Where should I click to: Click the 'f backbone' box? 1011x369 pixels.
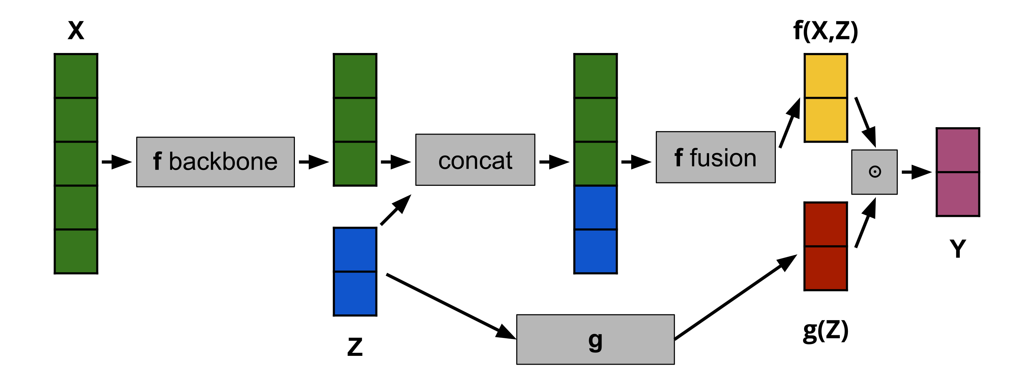(215, 162)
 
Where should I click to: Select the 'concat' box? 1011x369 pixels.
(475, 160)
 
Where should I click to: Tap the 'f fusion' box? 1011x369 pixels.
(715, 157)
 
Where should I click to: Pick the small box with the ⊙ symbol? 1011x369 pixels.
(874, 172)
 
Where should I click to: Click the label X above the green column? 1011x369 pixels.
(76, 30)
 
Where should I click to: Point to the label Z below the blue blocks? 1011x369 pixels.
(355, 347)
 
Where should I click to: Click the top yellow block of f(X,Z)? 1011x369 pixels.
(825, 76)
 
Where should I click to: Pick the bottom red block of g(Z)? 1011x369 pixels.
(825, 268)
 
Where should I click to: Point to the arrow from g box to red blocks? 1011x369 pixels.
(734, 297)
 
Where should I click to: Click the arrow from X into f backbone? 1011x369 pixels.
(117, 162)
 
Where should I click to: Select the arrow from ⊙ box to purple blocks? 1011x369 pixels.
(916, 172)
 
